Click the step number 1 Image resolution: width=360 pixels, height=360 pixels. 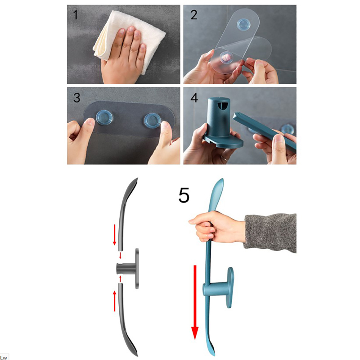(x=75, y=15)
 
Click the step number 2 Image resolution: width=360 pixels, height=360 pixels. (x=194, y=15)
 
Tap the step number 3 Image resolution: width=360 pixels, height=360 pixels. (x=76, y=97)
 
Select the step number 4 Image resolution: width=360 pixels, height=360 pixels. (x=194, y=98)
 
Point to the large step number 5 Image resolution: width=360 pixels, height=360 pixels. (x=184, y=195)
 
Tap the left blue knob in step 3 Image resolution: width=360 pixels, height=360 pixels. (x=104, y=117)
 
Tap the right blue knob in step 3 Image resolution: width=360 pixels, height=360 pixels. (x=153, y=120)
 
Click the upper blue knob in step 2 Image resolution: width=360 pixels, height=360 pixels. (x=244, y=24)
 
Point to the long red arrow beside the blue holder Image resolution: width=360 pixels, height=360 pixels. (x=195, y=302)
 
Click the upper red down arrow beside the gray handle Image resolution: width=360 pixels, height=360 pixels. (x=114, y=234)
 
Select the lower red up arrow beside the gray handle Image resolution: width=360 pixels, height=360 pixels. (x=114, y=301)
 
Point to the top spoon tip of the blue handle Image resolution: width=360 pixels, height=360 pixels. (x=222, y=179)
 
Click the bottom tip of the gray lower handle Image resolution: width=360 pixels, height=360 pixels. (x=137, y=355)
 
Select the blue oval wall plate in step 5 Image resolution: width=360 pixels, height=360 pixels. (x=230, y=288)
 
